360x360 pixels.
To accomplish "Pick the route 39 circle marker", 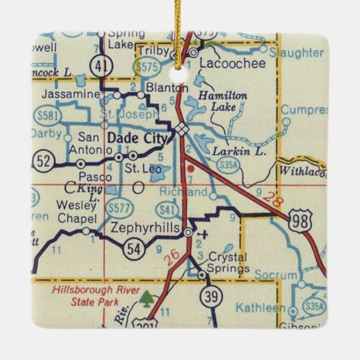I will click(211, 297).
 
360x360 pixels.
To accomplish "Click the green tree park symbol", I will click(146, 300).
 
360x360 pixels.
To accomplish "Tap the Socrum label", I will click(275, 276).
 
